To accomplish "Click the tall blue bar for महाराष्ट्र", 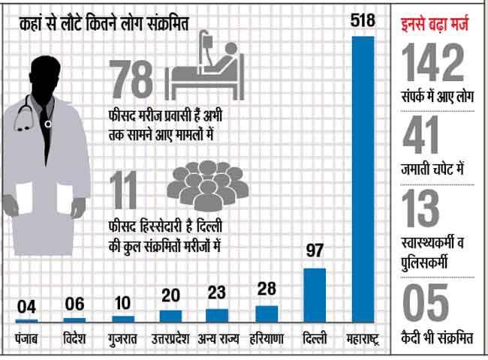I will (x=363, y=180).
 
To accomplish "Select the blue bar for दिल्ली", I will (x=315, y=284).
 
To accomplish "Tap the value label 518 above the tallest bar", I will (x=363, y=20).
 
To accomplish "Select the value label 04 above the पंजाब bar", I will (x=26, y=307).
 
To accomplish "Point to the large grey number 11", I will (x=128, y=191).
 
